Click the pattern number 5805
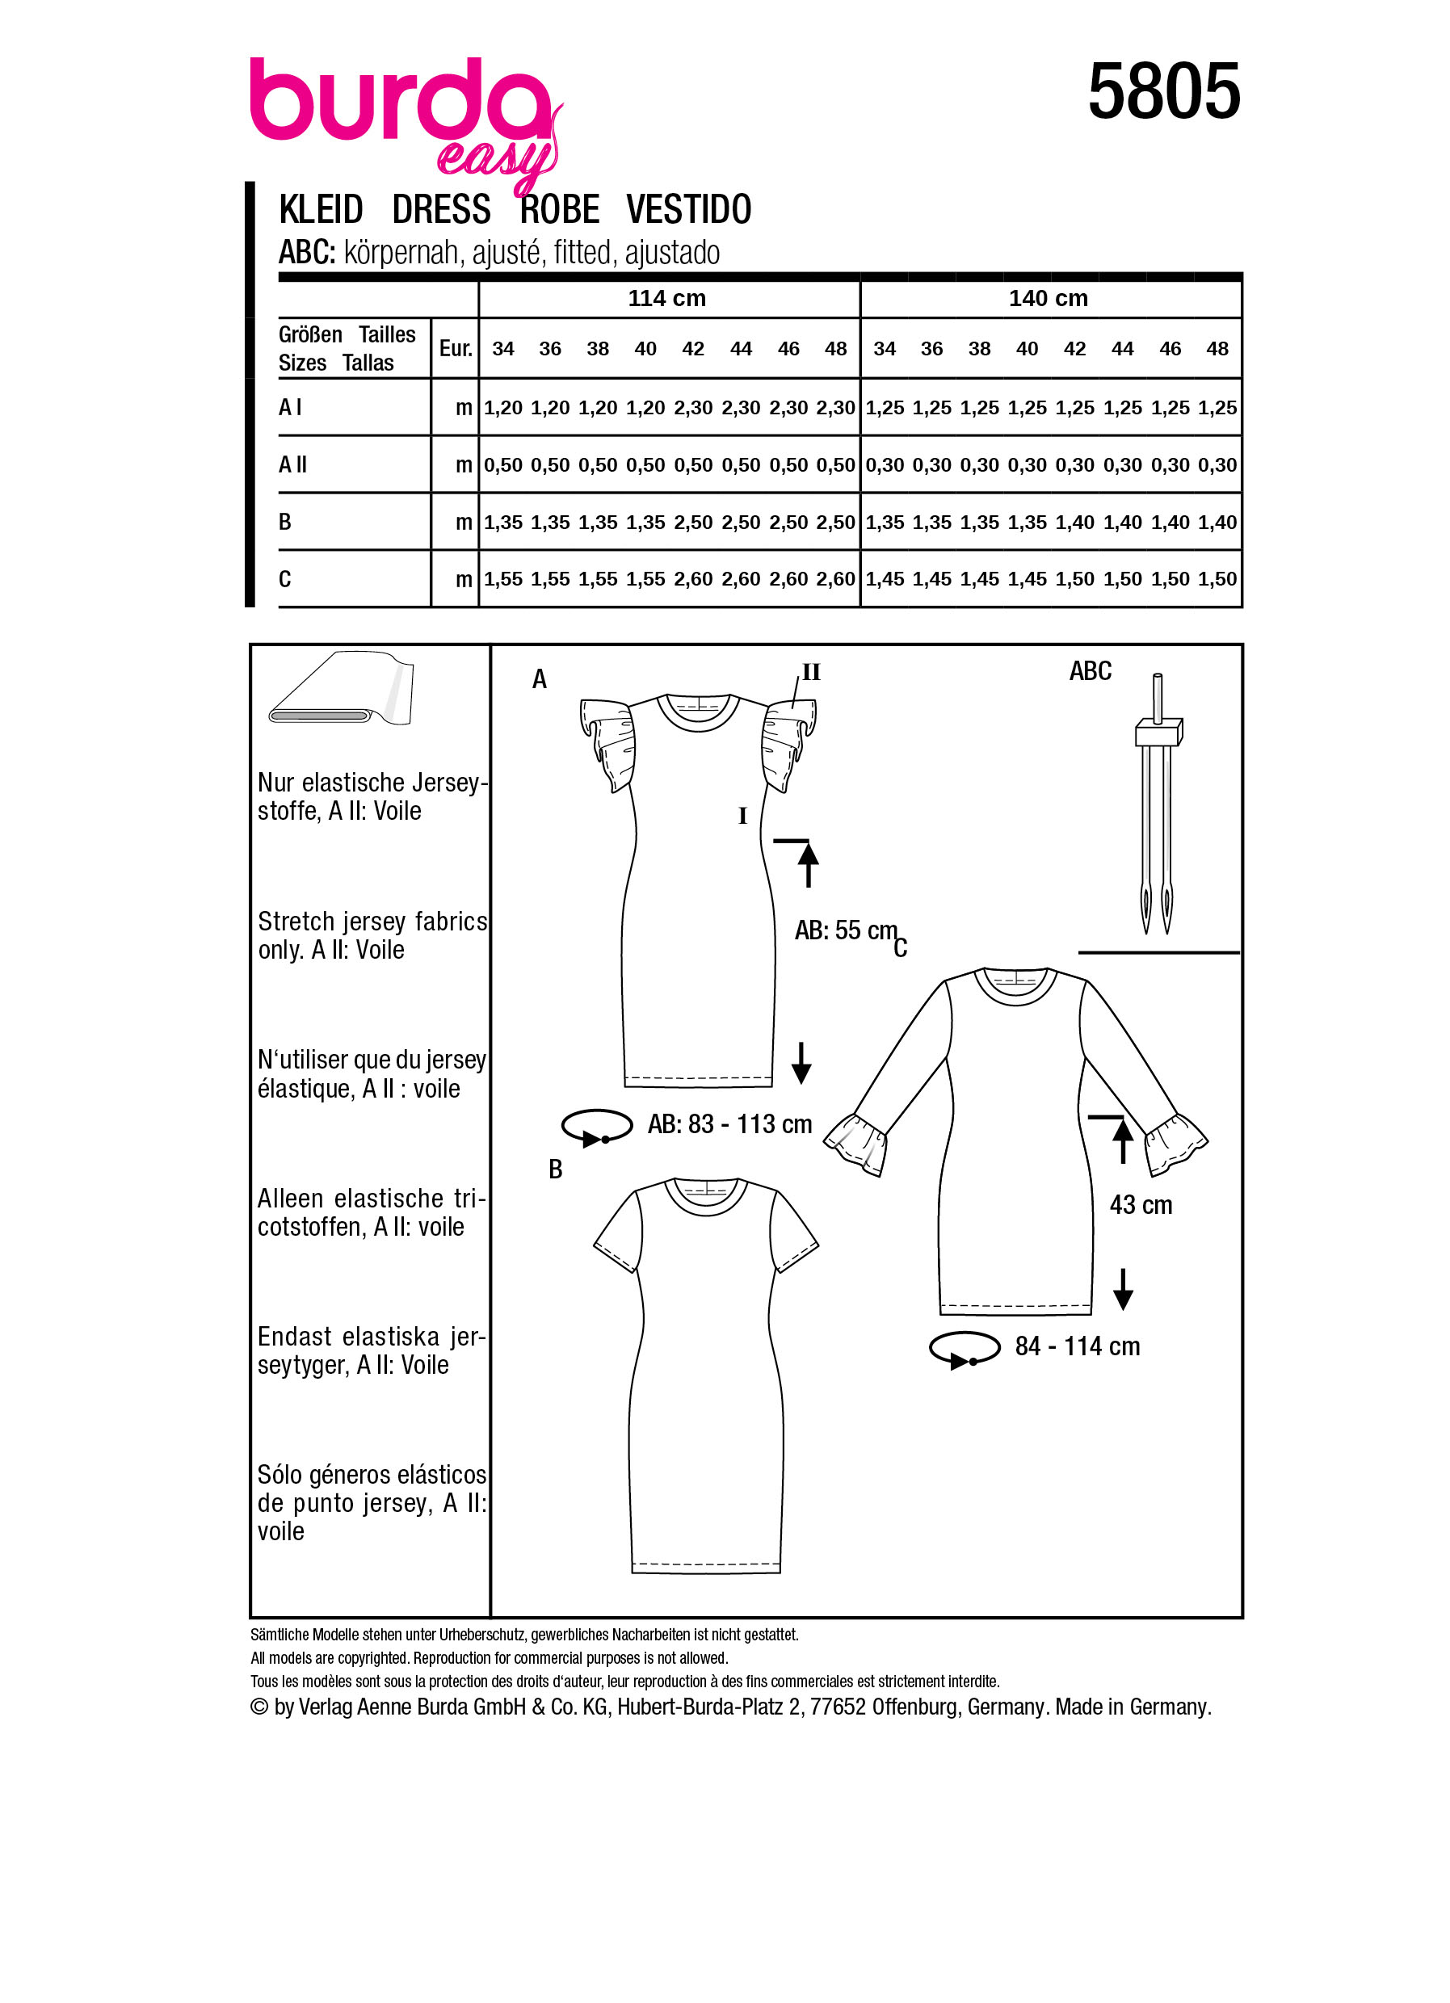[1163, 92]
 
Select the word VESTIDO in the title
[689, 210]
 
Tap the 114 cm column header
[666, 299]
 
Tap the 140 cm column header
[1049, 299]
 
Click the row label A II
[293, 464]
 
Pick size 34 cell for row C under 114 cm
[502, 579]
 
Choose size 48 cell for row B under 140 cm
[1217, 523]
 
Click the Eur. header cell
[456, 349]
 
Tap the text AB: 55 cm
[845, 930]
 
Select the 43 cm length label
[1141, 1204]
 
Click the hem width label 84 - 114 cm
[1078, 1346]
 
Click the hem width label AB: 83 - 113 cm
[729, 1124]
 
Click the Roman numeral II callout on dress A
[811, 673]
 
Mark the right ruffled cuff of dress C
[1175, 1145]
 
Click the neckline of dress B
[705, 1195]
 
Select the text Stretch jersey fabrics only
[372, 935]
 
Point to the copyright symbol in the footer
[259, 1707]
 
